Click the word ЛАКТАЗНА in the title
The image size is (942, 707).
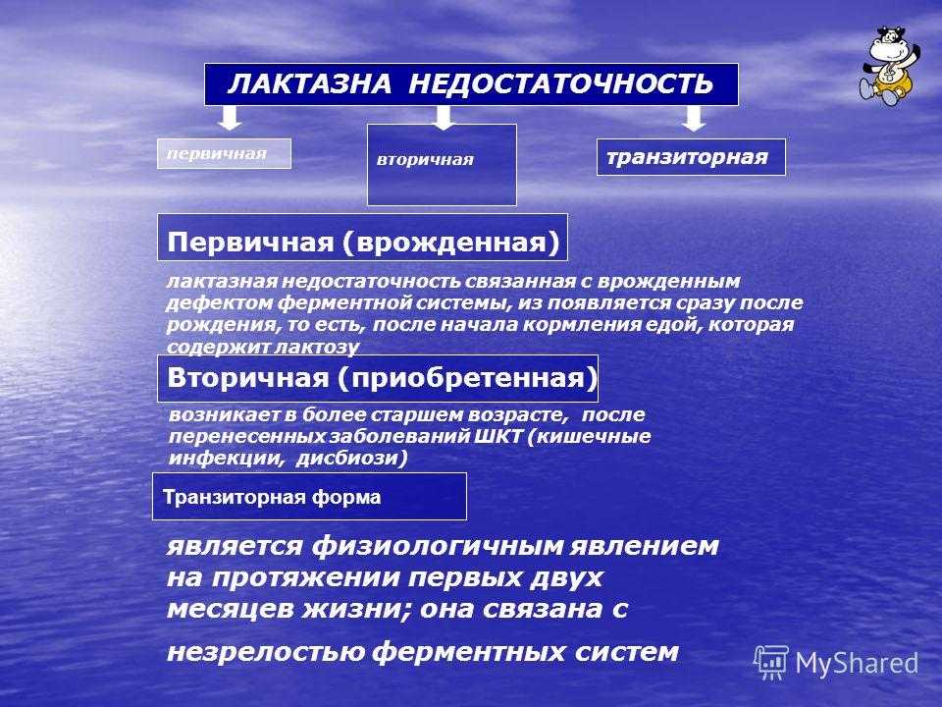click(x=310, y=83)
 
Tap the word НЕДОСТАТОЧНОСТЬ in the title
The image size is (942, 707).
click(x=561, y=83)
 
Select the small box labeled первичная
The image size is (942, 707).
click(x=224, y=154)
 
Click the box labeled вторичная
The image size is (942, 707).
click(x=442, y=165)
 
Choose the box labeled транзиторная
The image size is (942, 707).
click(x=691, y=157)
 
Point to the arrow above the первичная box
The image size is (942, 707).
click(x=230, y=118)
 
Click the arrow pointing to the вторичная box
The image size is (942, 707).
click(x=444, y=118)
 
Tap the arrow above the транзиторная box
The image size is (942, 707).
click(x=694, y=119)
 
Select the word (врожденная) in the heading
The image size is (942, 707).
click(x=451, y=243)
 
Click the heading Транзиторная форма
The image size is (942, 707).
click(x=272, y=497)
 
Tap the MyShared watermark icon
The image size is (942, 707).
click(x=771, y=662)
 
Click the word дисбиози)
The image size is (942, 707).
click(x=352, y=459)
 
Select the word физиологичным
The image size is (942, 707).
click(x=437, y=547)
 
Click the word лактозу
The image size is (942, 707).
click(x=317, y=347)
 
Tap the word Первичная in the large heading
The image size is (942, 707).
click(x=250, y=243)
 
